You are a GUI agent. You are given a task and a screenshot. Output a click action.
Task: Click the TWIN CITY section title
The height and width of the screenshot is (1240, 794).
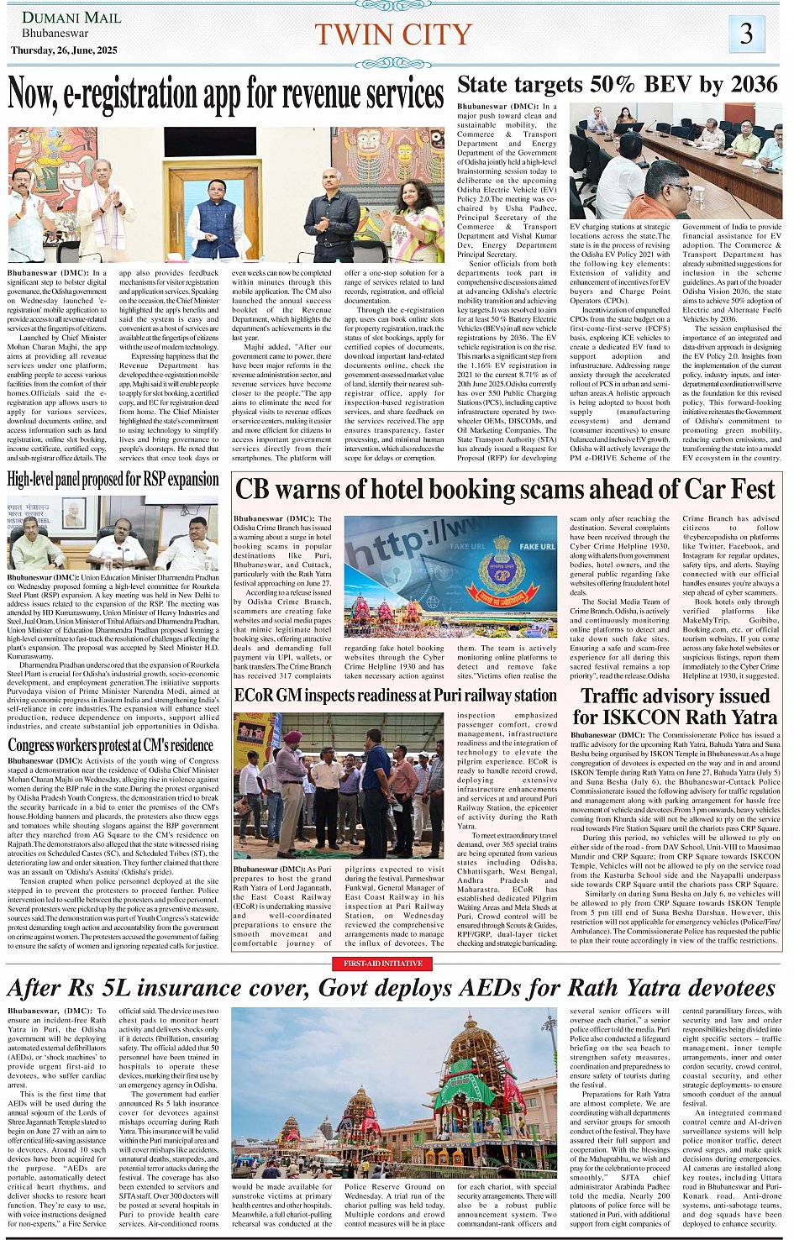tap(393, 34)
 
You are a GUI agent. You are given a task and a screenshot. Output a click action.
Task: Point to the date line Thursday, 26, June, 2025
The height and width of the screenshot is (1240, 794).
tap(64, 50)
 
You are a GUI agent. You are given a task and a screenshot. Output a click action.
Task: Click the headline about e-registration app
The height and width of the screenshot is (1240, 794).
tap(225, 95)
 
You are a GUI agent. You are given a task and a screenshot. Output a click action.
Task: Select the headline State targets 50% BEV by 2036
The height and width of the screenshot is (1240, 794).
tap(618, 84)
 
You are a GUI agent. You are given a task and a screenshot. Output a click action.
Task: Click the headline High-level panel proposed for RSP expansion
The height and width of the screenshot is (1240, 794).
tap(113, 479)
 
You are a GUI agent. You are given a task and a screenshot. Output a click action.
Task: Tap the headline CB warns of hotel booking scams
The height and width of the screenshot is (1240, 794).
tap(505, 489)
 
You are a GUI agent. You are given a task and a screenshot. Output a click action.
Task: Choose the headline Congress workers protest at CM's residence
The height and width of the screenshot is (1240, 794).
tap(111, 744)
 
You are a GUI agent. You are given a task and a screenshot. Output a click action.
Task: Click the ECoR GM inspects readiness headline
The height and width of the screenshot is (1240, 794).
tap(395, 696)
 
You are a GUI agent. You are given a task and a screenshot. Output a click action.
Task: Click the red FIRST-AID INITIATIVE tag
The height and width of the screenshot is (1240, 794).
tap(382, 963)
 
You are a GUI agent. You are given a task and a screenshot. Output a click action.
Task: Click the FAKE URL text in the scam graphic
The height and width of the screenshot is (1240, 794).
tap(537, 546)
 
